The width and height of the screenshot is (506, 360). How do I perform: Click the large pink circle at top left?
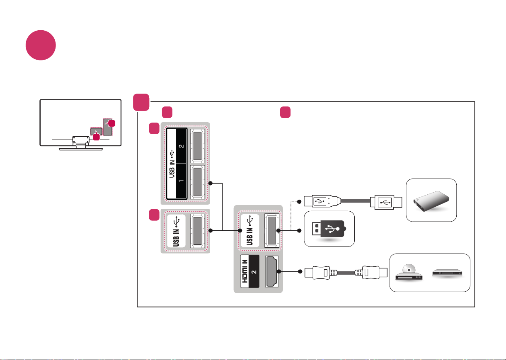[x=41, y=45]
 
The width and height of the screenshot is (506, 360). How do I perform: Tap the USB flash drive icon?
[x=329, y=229]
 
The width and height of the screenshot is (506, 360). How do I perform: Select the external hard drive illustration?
[x=431, y=201]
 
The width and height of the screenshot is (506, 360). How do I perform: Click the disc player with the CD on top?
[x=409, y=273]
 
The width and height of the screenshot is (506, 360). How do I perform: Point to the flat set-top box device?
[x=447, y=273]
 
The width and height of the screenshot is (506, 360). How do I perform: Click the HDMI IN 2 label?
[x=250, y=271]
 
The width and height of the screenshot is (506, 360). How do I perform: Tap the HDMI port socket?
[x=272, y=271]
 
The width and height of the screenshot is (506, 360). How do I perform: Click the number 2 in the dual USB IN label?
[x=181, y=146]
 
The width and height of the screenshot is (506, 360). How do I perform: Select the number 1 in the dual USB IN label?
[x=181, y=181]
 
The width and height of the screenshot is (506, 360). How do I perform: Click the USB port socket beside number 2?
[x=198, y=146]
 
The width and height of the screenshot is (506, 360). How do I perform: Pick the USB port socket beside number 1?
[x=198, y=182]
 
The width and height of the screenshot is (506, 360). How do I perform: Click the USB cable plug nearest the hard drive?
[x=386, y=202]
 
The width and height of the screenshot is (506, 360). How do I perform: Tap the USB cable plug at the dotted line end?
[x=322, y=201]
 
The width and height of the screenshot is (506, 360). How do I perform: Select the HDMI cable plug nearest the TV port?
[x=321, y=273]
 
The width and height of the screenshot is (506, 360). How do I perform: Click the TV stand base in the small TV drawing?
[x=81, y=149]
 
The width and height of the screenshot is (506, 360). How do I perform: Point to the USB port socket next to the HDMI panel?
[x=272, y=230]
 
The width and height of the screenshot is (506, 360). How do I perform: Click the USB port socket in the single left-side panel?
[x=198, y=231]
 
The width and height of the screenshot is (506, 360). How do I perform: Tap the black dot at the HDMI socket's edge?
[x=279, y=271]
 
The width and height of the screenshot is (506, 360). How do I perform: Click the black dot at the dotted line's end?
[x=299, y=202]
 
